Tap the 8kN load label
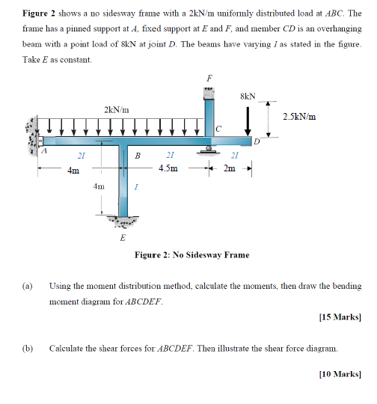pos(248,96)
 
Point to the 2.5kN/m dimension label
pos(300,116)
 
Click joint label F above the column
pos(209,78)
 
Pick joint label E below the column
pos(123,238)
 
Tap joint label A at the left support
pos(43,150)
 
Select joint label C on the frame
pos(218,129)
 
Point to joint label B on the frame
pos(137,156)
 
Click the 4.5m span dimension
pos(168,168)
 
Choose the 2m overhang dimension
pos(230,168)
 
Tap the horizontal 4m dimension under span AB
pos(73,171)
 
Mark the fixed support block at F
pos(209,92)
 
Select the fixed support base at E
pos(124,222)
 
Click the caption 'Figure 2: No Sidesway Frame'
pos(191,255)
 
